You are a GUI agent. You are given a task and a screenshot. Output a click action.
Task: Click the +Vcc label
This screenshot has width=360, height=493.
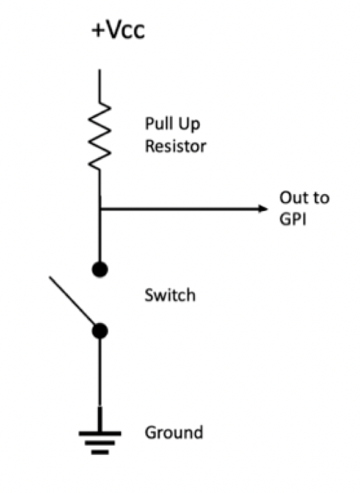coord(118,30)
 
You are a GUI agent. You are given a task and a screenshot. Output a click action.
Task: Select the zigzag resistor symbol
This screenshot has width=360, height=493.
coord(99,136)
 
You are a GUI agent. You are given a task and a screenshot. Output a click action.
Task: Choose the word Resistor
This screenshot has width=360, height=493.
coord(175,146)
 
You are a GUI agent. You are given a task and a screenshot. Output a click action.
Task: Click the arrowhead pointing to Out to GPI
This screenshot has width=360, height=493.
coord(263,208)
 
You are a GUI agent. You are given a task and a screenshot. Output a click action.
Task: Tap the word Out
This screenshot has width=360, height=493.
coord(293,198)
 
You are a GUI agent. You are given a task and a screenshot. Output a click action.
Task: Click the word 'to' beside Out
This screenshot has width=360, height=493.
coord(320,198)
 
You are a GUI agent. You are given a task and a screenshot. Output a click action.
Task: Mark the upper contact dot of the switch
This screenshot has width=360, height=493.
coord(100,269)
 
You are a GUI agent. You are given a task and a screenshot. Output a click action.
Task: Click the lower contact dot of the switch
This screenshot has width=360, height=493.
coord(100,331)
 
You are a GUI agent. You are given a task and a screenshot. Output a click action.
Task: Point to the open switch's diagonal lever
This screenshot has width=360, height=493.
coord(72,300)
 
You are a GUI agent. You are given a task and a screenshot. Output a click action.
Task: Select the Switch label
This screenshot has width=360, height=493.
coord(170,295)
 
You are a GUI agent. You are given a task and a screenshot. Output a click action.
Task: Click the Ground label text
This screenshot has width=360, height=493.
coord(174,432)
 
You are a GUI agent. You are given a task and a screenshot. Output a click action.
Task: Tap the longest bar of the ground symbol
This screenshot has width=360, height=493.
coord(100,433)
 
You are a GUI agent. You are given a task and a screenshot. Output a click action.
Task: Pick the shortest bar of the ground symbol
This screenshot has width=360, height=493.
coord(100,453)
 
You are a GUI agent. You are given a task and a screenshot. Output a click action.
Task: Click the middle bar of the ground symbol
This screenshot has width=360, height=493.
coord(100,443)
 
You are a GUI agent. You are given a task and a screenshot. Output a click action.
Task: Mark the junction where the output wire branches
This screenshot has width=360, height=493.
coord(100,208)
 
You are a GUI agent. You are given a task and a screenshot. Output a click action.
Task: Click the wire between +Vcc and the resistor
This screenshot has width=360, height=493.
coord(100,86)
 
